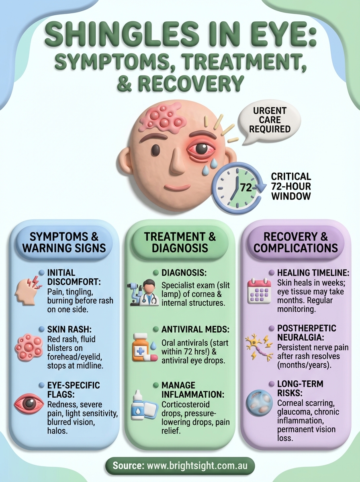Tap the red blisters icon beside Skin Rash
pyautogui.click(x=27, y=346)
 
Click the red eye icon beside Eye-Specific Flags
pyautogui.click(x=28, y=403)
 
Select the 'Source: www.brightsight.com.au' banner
pyautogui.click(x=180, y=466)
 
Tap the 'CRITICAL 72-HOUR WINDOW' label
pyautogui.click(x=291, y=186)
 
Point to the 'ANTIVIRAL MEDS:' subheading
pyautogui.click(x=196, y=329)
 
